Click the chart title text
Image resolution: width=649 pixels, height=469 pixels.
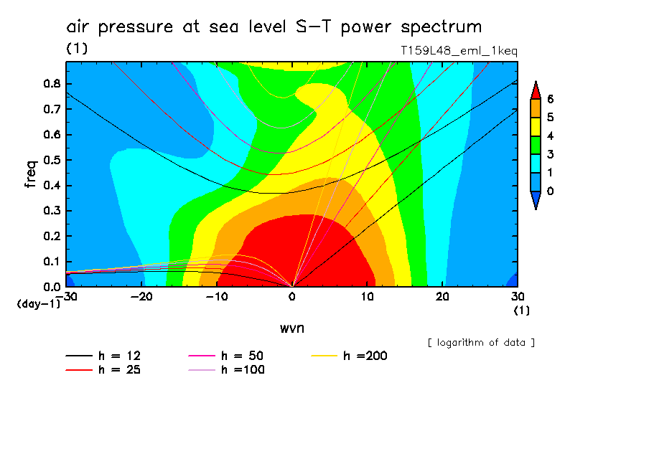(274, 27)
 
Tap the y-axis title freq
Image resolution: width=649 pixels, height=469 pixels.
(30, 174)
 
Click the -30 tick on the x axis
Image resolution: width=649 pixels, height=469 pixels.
(65, 296)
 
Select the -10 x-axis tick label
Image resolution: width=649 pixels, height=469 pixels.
(215, 296)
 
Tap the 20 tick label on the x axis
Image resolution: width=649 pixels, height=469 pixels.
(442, 296)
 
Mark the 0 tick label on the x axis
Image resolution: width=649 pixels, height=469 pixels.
(291, 296)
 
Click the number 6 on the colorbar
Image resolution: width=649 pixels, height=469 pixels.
(550, 98)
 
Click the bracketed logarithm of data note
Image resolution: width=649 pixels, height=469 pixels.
(481, 342)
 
